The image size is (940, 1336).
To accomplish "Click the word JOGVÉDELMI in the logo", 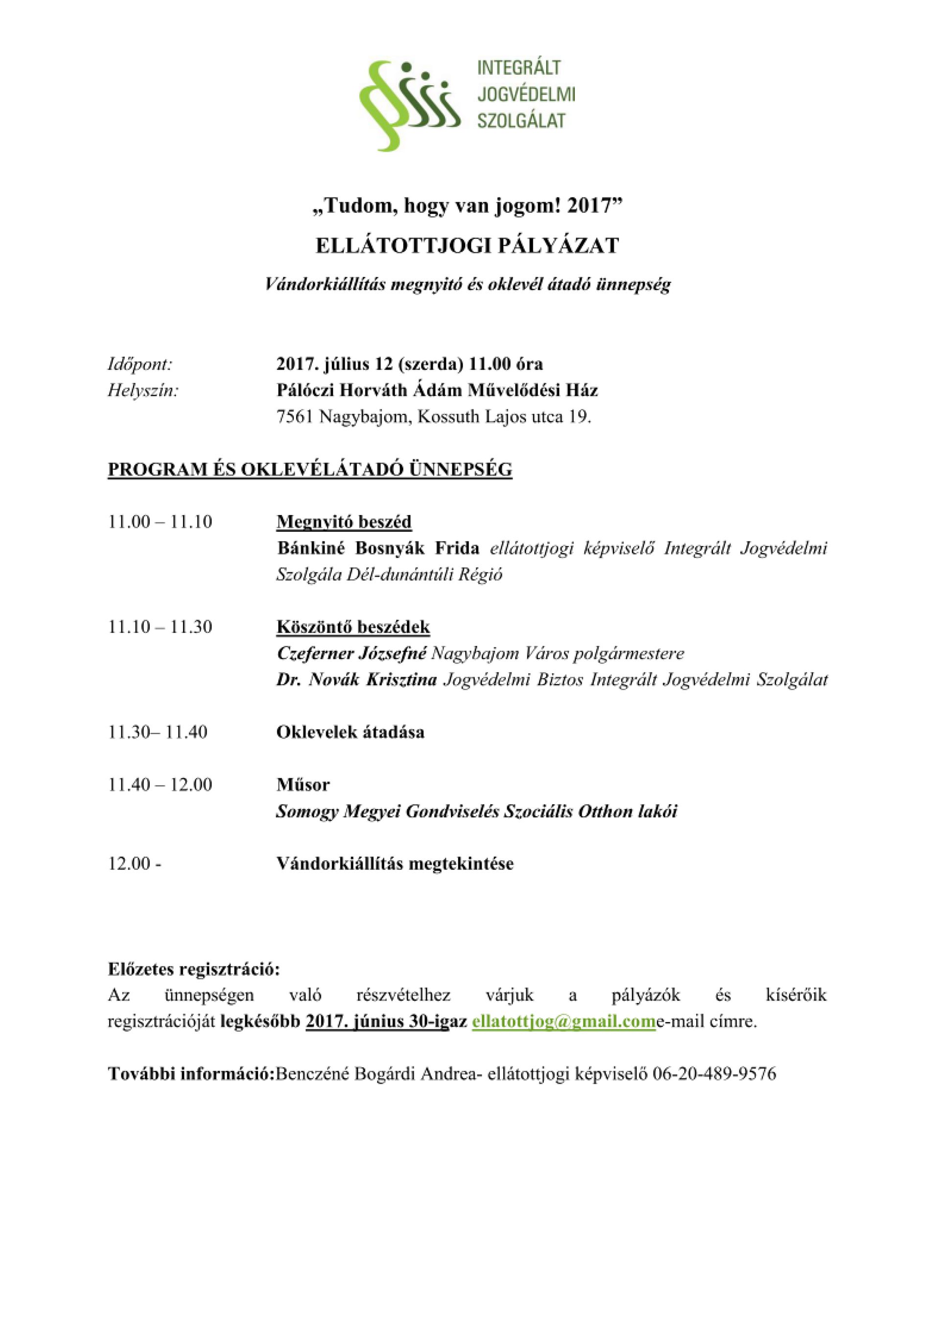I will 526,94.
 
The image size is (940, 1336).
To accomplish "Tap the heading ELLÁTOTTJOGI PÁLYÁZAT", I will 467,246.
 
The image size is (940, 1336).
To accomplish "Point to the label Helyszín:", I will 142,391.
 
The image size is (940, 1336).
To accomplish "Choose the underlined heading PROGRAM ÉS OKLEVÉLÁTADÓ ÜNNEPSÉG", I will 309,469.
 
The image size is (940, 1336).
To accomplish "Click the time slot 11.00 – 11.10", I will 160,521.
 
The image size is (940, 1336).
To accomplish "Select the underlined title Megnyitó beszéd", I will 343,521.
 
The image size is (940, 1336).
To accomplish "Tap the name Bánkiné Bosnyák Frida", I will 378,548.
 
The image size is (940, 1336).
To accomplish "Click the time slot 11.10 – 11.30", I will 160,627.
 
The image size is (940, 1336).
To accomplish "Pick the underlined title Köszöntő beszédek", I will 352,627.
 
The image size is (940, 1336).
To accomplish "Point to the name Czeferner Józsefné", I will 352,654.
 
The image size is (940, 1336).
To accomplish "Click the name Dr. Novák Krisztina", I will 356,680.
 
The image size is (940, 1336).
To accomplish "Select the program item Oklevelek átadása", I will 350,732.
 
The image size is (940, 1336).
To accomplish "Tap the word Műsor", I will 303,784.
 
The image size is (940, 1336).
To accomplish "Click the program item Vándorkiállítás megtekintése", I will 395,864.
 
